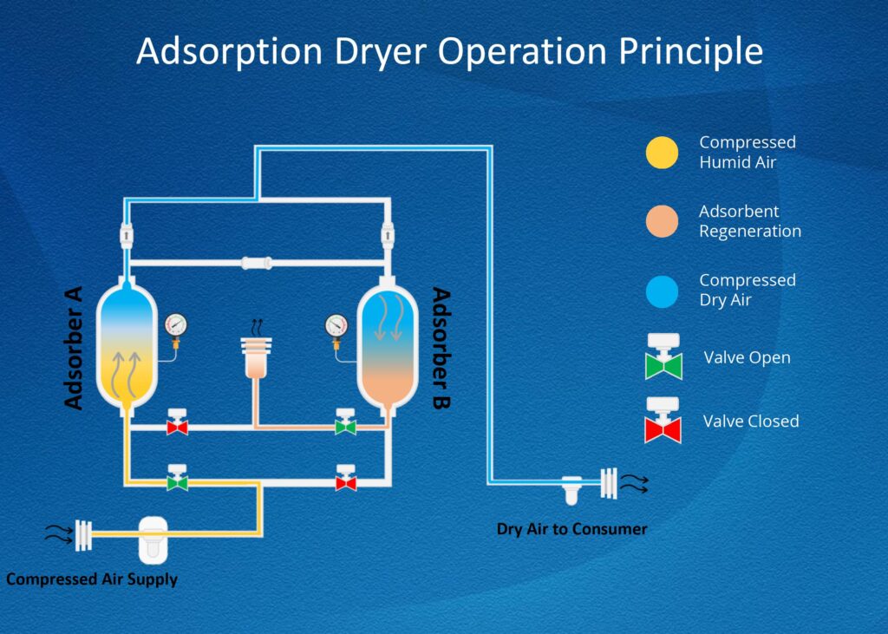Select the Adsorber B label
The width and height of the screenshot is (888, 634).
click(x=442, y=347)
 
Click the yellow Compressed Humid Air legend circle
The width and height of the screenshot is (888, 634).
click(x=663, y=153)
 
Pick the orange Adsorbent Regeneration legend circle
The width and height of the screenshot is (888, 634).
click(x=663, y=222)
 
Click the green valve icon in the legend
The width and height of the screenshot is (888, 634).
click(x=663, y=357)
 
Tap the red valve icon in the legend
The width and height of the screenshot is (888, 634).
click(x=663, y=421)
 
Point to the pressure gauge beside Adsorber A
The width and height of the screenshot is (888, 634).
click(x=175, y=325)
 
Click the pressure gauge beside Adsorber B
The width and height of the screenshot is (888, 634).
click(x=336, y=326)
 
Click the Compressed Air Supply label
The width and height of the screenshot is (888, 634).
click(x=92, y=579)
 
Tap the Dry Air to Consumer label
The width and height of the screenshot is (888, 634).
click(x=572, y=528)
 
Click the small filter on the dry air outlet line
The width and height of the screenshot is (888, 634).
click(x=572, y=490)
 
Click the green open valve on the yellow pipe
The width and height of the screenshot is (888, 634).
click(x=178, y=479)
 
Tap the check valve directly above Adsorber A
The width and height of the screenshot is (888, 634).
click(x=127, y=232)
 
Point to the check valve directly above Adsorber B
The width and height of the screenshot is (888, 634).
click(x=388, y=232)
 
